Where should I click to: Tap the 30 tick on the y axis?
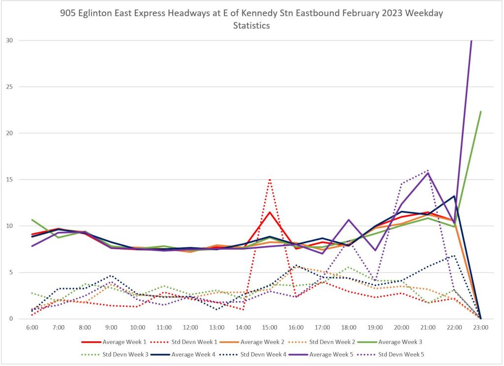10,40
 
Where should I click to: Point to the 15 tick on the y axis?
10,179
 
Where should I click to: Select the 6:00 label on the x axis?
31,327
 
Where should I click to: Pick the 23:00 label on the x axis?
480,327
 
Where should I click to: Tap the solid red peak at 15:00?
270,212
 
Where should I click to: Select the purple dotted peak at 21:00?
428,170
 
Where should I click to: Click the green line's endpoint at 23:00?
480,111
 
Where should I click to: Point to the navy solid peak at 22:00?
454,196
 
